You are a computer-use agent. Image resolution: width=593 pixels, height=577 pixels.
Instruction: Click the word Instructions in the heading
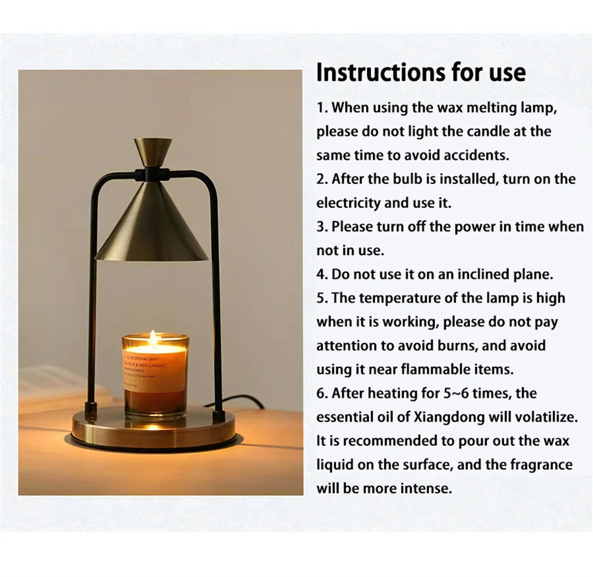381,72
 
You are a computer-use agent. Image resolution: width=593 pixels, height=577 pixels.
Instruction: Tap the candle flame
153,338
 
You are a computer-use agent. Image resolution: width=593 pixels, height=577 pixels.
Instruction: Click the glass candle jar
155,375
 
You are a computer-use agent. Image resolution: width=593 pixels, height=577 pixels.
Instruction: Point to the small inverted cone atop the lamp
153,153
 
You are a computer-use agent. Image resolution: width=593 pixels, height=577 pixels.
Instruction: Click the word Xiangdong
449,417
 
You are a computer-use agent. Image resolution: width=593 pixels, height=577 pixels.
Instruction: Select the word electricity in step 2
348,203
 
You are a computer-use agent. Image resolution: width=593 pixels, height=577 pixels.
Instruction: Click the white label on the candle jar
154,370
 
